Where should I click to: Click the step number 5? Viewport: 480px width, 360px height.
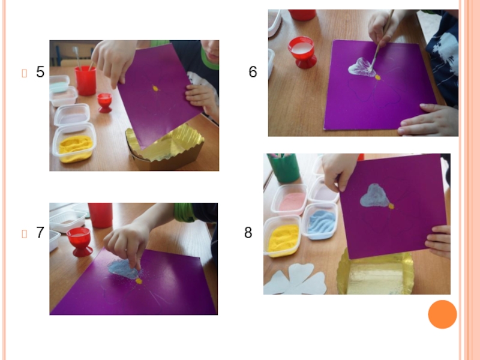tap(40, 72)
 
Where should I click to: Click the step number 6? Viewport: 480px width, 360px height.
tap(253, 72)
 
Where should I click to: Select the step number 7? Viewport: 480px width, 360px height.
tap(40, 233)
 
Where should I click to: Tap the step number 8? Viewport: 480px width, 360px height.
tap(248, 233)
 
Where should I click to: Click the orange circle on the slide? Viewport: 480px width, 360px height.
tap(442, 314)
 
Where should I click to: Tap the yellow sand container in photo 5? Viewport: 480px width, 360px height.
tap(74, 143)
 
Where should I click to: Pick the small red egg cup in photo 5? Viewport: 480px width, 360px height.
tap(104, 103)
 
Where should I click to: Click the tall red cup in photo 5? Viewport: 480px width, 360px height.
tap(85, 81)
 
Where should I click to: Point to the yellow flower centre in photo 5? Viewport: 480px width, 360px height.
tap(155, 88)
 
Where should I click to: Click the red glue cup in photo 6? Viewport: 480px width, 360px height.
tap(302, 52)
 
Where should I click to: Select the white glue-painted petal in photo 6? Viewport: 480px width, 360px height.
tap(362, 67)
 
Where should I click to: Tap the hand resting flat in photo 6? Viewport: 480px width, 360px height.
tap(428, 120)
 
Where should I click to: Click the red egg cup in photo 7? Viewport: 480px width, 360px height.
tap(79, 242)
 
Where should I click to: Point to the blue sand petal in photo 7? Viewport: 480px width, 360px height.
tap(124, 269)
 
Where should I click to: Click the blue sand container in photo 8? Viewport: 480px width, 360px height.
tap(320, 221)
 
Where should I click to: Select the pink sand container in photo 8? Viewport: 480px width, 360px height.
tap(289, 200)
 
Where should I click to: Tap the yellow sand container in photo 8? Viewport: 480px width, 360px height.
tap(281, 236)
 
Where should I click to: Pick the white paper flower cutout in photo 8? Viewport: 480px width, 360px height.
tap(295, 280)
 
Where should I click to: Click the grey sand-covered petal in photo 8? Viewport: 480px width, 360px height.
tap(374, 196)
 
